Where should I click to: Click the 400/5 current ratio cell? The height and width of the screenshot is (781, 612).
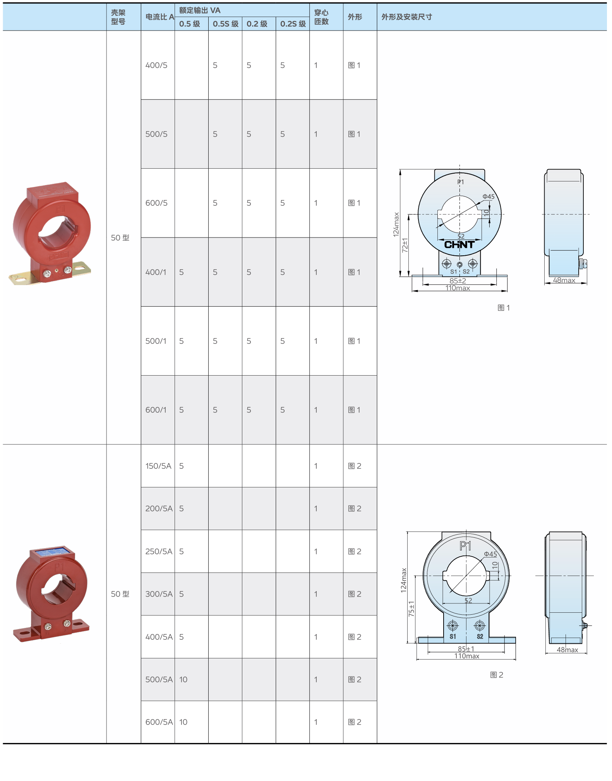pos(156,65)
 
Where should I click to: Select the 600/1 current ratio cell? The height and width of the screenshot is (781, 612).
pos(156,410)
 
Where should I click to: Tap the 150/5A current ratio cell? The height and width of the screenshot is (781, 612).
pos(158,466)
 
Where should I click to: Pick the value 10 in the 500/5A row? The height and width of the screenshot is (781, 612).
pos(183,680)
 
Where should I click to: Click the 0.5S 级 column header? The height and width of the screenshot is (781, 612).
pos(226,24)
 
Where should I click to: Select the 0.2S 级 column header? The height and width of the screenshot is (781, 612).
pos(293,24)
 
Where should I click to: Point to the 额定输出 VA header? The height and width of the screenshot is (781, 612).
pos(200,10)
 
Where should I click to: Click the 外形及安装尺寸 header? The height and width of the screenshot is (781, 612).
pos(407,17)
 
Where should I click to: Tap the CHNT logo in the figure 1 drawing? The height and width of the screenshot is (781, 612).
pos(459,244)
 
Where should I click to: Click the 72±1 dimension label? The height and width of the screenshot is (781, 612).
pos(405,245)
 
